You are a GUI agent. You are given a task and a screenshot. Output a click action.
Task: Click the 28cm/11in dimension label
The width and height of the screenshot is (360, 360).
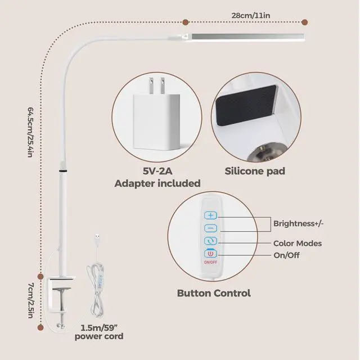coord(250,16)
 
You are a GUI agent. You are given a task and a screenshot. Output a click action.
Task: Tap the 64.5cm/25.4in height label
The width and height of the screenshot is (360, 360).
coord(30,132)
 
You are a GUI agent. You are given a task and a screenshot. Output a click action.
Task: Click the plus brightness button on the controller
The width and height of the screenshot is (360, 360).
coord(210,215)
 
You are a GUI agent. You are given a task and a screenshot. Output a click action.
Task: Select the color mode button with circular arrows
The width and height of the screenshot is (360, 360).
coord(210,241)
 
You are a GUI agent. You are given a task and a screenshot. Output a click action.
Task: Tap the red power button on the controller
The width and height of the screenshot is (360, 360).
coord(210,254)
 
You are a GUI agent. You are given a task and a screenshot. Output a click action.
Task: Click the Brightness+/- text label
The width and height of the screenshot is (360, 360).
coord(298,223)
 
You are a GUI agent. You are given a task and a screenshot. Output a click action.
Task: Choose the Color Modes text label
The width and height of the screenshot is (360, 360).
coord(298,244)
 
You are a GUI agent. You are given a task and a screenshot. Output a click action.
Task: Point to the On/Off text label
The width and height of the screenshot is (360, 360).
coord(286,255)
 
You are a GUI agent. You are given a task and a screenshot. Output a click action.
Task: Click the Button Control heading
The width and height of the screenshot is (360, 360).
coord(214,293)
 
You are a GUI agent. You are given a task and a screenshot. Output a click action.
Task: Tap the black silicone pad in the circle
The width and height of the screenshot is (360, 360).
coord(246,106)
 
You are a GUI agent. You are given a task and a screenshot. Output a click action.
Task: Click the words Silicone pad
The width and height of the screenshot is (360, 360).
coord(255,171)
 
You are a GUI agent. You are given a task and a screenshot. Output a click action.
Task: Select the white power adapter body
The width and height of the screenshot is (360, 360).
coord(156,122)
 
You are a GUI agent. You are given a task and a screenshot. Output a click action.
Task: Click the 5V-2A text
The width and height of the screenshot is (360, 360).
coord(157,171)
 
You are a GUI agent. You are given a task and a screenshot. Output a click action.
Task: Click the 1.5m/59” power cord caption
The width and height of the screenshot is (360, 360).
coord(99,332)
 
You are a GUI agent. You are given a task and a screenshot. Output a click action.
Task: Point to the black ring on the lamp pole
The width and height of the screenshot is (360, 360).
coord(63,171)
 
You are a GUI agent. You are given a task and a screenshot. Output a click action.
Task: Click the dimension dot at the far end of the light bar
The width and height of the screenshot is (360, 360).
coord(304,22)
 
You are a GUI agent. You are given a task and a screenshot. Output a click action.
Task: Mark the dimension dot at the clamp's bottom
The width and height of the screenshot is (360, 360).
coord(40,327)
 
